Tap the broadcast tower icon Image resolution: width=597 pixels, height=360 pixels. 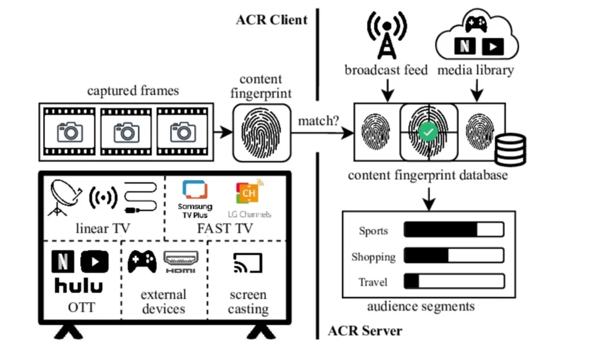click(x=387, y=36)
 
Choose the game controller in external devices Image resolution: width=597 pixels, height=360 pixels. click(x=142, y=261)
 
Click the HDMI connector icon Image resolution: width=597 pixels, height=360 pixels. click(x=181, y=261)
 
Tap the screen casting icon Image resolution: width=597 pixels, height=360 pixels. click(x=247, y=263)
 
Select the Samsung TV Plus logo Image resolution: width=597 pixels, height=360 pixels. click(x=195, y=199)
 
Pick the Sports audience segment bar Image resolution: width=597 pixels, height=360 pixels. click(x=454, y=229)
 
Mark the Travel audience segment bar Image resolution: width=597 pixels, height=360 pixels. click(x=454, y=281)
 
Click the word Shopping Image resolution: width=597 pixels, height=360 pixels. click(x=373, y=257)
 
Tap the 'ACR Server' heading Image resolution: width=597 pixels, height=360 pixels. click(x=365, y=331)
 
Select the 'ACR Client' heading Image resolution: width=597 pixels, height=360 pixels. click(x=272, y=20)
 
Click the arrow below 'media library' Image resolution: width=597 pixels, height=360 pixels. click(x=477, y=90)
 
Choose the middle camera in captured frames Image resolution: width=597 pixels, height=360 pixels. click(x=126, y=132)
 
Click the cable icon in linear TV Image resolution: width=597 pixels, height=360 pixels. click(x=141, y=197)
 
